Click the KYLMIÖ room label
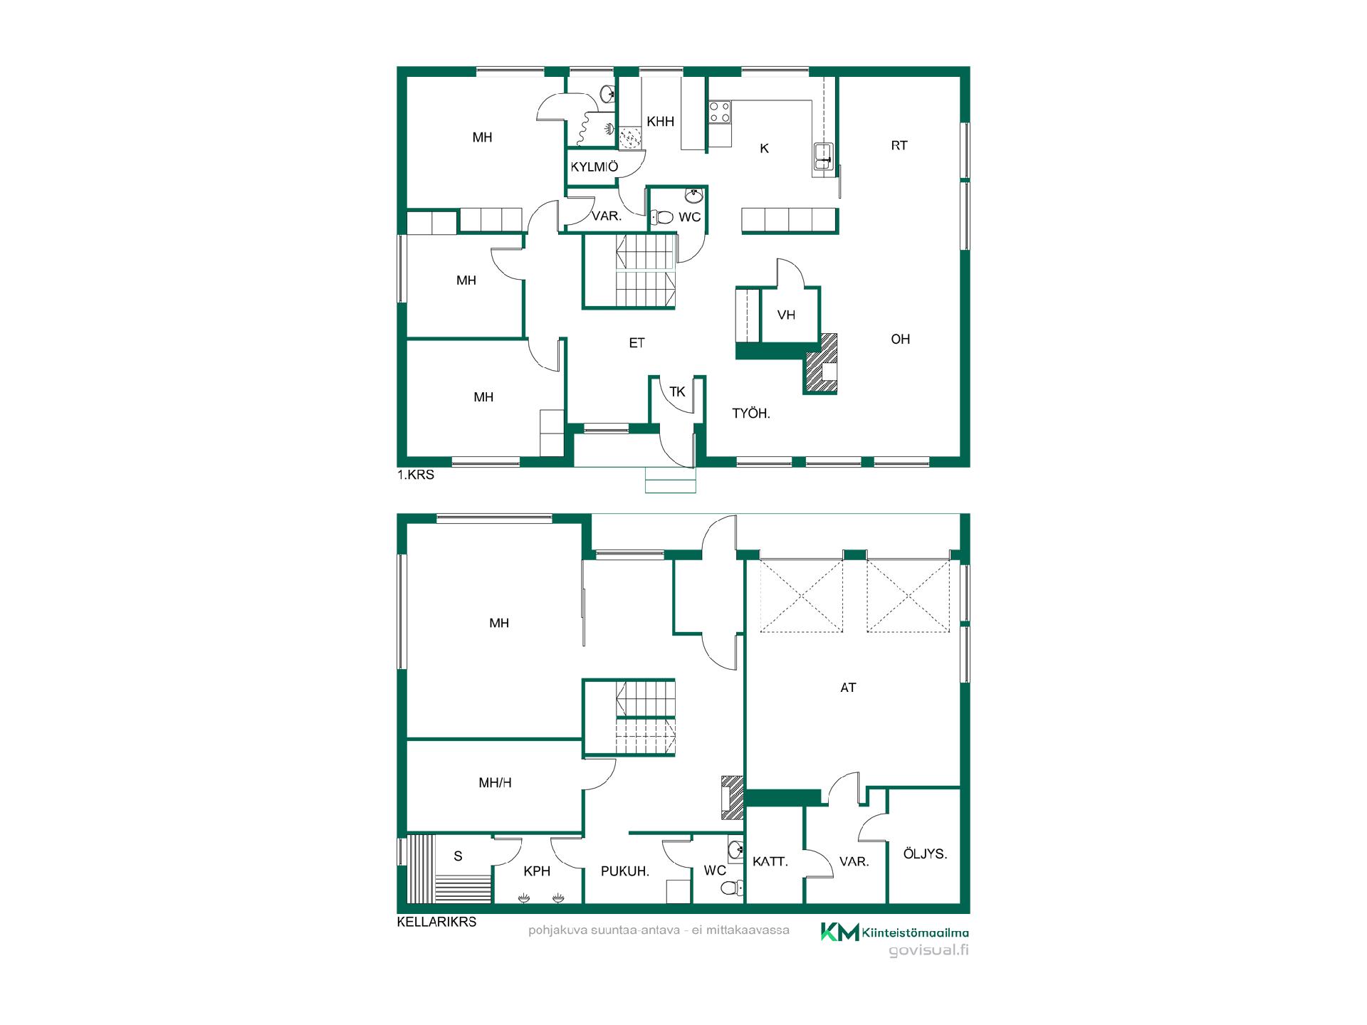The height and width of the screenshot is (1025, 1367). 595,167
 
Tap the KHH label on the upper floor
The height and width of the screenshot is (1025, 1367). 660,122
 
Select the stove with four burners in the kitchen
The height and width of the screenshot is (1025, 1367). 720,112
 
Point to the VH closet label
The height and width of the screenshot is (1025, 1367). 786,315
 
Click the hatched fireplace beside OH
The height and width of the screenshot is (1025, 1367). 821,363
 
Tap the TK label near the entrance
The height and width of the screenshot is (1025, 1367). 677,391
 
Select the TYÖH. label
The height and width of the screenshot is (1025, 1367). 751,414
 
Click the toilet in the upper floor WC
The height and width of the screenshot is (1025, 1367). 662,217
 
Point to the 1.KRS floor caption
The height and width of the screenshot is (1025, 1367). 416,475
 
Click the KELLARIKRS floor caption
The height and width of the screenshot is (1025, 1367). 436,922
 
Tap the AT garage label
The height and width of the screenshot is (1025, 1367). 848,688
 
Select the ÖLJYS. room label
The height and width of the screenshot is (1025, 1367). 925,853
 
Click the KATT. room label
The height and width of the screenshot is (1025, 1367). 770,862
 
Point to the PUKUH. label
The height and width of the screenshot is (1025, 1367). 625,871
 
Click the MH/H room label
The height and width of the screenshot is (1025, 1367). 495,783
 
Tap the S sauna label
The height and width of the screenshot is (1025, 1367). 458,856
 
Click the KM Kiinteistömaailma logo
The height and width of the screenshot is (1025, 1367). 894,932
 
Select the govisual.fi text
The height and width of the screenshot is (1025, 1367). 928,951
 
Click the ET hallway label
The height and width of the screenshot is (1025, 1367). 637,343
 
